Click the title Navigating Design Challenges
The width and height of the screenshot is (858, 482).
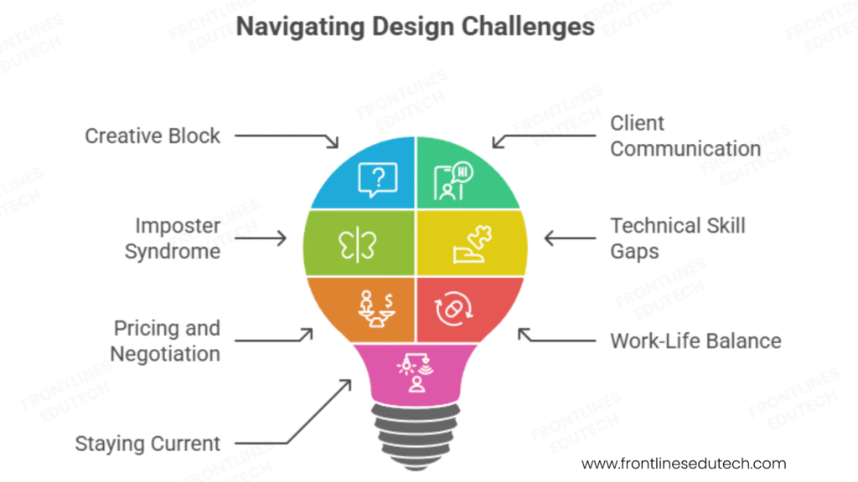tap(415, 27)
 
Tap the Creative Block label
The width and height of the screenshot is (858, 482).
tap(152, 136)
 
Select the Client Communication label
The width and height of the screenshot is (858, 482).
tap(685, 136)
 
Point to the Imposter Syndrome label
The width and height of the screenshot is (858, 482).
tap(173, 238)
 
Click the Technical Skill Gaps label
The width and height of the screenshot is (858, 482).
tap(677, 238)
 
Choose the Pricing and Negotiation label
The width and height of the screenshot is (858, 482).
tap(167, 340)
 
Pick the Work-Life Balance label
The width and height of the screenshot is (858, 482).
tap(695, 341)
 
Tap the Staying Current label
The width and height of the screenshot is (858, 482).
tap(147, 443)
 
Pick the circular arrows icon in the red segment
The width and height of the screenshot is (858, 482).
tap(453, 310)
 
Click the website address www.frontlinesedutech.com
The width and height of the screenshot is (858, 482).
tap(684, 463)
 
